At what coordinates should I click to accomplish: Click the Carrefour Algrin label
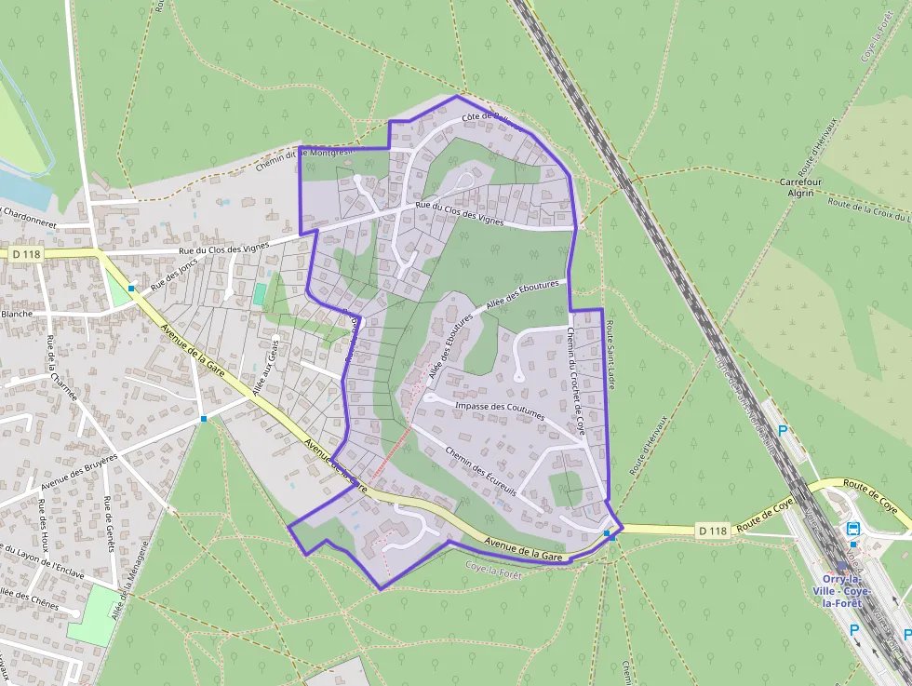pyautogui.click(x=796, y=186)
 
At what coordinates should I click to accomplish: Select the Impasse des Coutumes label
pyautogui.click(x=500, y=410)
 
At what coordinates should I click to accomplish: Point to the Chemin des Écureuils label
pyautogui.click(x=480, y=470)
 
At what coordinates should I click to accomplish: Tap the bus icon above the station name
pyautogui.click(x=853, y=528)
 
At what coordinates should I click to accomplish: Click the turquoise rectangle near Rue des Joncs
pyautogui.click(x=259, y=293)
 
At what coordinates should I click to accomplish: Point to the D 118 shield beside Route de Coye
pyautogui.click(x=712, y=531)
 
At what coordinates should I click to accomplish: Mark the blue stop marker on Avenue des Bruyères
pyautogui.click(x=203, y=419)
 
